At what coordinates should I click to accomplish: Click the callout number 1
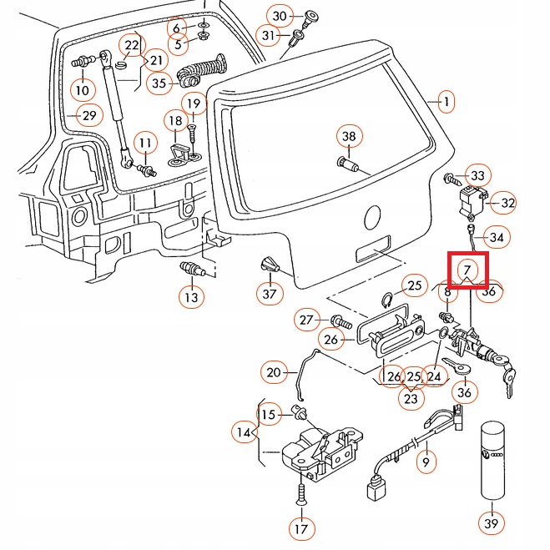(447, 103)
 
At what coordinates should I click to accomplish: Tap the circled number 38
(349, 136)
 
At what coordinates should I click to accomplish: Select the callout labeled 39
(492, 523)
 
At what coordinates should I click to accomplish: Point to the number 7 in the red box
(467, 270)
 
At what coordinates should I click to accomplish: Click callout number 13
(190, 295)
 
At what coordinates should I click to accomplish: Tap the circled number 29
(88, 115)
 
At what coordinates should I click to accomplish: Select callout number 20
(274, 373)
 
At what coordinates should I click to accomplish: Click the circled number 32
(508, 203)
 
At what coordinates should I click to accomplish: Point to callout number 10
(82, 89)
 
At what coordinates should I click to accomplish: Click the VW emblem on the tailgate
(373, 219)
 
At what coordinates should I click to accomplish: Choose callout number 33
(477, 176)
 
